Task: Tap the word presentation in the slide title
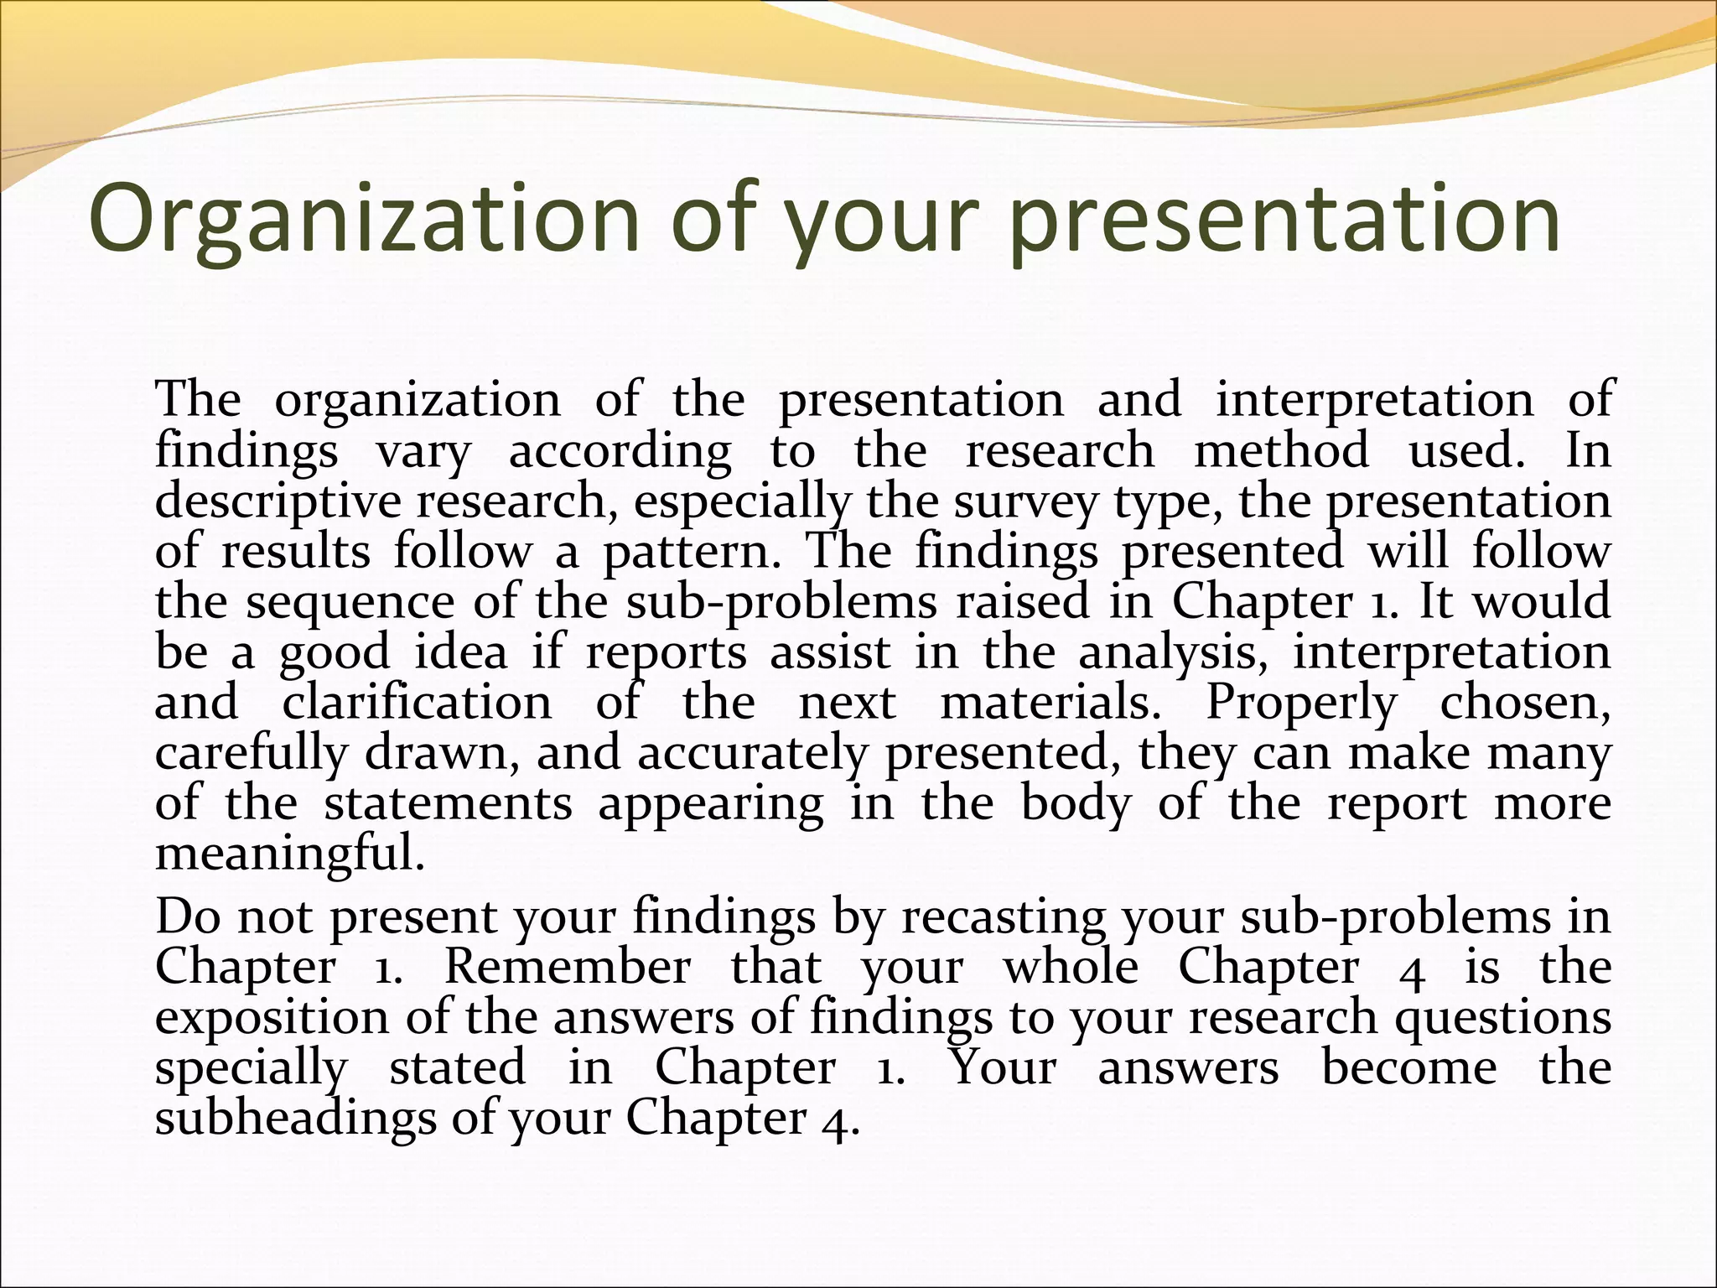[1284, 220]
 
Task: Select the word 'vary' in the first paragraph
[423, 452]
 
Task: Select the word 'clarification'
[417, 703]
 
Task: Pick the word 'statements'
[448, 804]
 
